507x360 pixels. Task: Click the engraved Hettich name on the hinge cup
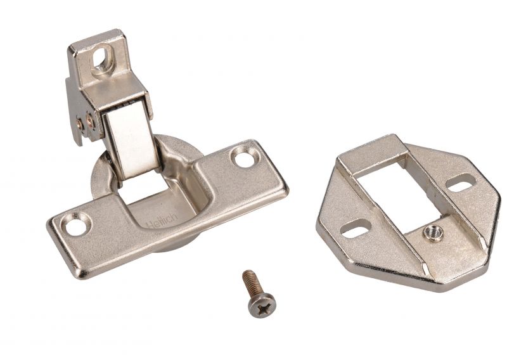click(162, 222)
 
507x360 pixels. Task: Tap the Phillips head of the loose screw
click(262, 305)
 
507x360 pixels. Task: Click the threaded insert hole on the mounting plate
click(433, 233)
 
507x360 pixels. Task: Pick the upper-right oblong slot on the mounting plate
click(460, 184)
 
